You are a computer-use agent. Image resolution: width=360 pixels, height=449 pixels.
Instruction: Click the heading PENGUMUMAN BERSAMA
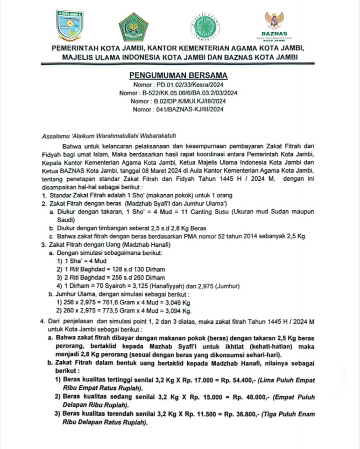tap(179, 75)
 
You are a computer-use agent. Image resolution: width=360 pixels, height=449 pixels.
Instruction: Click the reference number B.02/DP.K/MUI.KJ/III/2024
tap(196, 101)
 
